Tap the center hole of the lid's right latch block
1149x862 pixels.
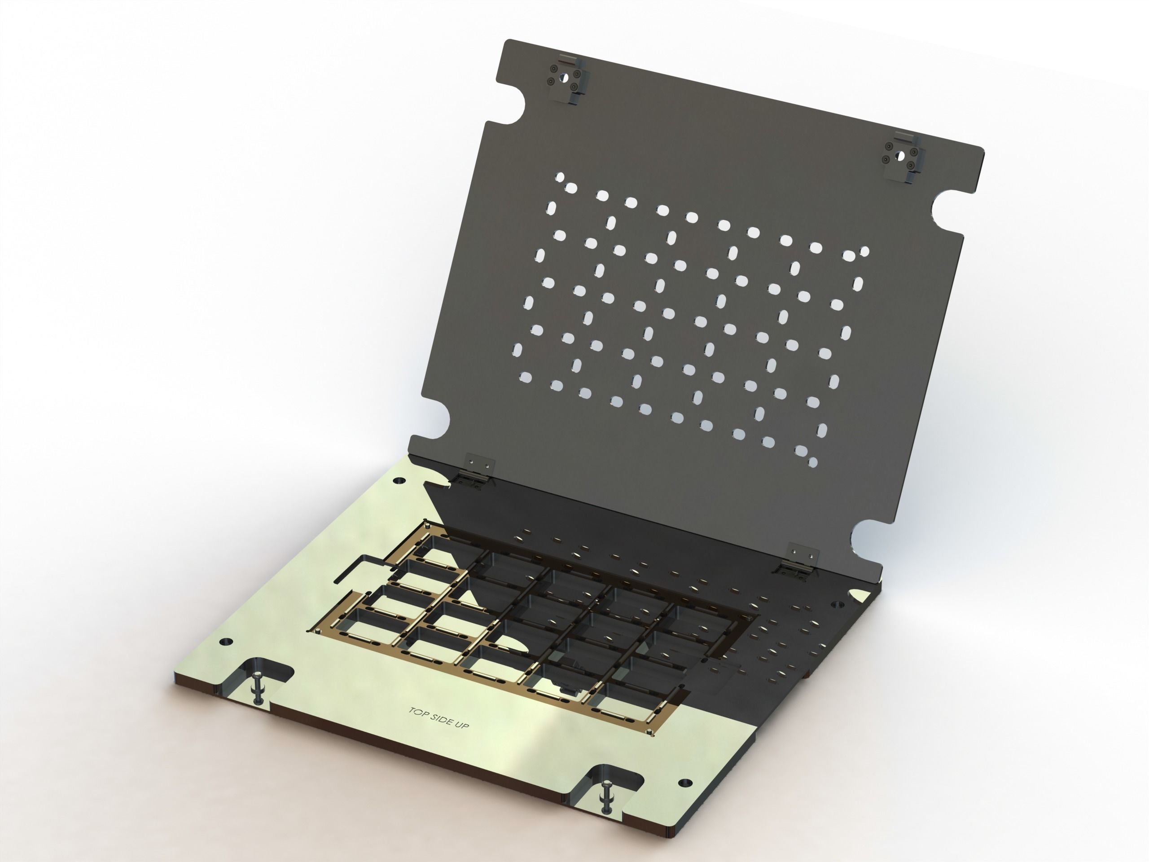point(901,155)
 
